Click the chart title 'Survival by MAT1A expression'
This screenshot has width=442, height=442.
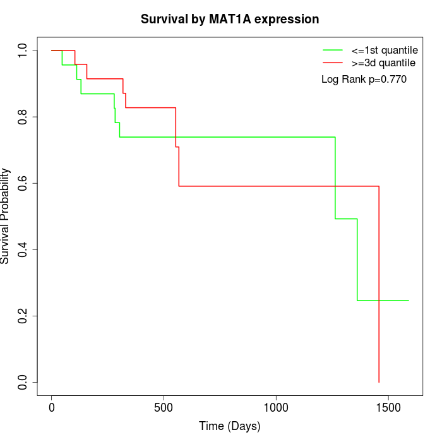pos(229,19)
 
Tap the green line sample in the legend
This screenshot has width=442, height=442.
pos(332,49)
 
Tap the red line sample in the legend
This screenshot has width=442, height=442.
pos(332,63)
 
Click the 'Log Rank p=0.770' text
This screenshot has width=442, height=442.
pos(364,80)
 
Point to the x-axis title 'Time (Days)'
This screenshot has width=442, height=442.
pos(229,426)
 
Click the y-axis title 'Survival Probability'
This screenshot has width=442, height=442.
pos(6,216)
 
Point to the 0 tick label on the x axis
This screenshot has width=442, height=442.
pos(52,406)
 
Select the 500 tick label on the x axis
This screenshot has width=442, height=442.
pos(164,406)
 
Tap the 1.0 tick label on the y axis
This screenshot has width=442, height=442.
pos(23,51)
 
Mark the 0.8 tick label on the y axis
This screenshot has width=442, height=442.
pos(23,117)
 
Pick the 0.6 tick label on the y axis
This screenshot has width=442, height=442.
pos(23,183)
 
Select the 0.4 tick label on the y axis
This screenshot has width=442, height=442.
pos(23,249)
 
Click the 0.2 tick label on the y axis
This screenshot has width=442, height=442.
pos(23,316)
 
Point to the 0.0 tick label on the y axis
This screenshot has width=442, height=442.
pos(23,382)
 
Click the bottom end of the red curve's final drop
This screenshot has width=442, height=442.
pos(379,382)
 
